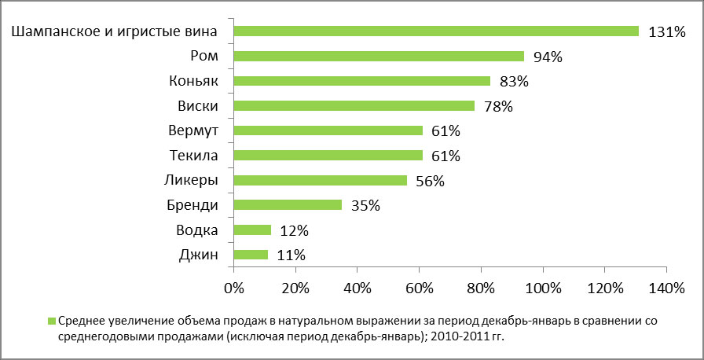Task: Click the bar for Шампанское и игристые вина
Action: click(436, 31)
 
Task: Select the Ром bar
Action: click(379, 57)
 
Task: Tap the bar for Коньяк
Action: click(361, 81)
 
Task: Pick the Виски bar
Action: click(354, 106)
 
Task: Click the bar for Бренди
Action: click(288, 205)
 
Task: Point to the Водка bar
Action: click(252, 230)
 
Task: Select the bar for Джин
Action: click(251, 255)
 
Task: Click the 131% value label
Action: click(667, 32)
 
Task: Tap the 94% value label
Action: click(549, 57)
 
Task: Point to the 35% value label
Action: click(365, 206)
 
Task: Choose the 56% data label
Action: click(429, 181)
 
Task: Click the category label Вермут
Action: click(192, 130)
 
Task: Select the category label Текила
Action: click(193, 156)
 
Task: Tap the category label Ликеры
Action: click(192, 181)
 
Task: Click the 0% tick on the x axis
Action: click(234, 288)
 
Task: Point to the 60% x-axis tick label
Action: click(419, 288)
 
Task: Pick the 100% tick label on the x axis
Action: click(542, 288)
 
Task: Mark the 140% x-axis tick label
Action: click(665, 288)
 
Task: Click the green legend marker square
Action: click(52, 321)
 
